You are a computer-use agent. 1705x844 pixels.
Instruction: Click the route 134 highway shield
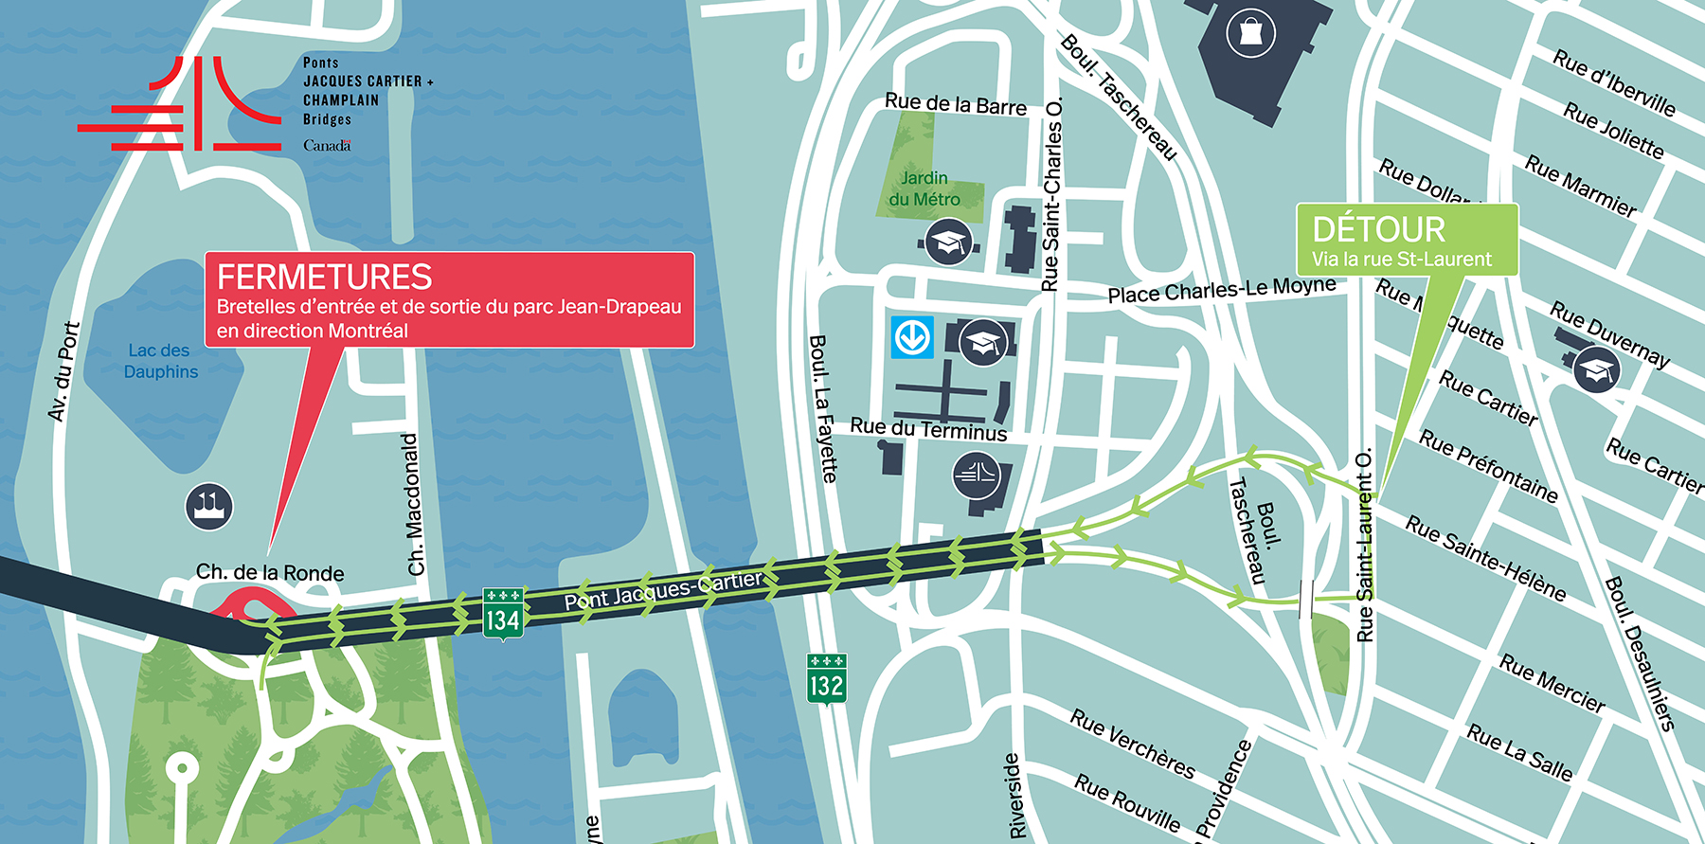pos(502,614)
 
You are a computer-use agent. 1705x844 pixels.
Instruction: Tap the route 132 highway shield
pos(826,678)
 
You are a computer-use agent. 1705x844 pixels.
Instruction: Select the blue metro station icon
pos(912,337)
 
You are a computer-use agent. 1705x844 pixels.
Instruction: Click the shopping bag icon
pos(1250,34)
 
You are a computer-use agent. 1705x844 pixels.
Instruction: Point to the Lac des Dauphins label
pos(160,361)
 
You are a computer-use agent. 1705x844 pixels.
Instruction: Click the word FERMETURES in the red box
pos(324,278)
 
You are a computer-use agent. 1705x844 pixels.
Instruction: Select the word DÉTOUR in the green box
pos(1378,230)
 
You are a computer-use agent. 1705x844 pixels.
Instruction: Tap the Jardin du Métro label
pos(924,189)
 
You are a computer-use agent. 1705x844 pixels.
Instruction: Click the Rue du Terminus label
pos(927,429)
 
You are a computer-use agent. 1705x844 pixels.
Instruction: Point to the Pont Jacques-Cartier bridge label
pos(663,590)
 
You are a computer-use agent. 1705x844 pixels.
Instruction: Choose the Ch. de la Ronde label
pos(270,572)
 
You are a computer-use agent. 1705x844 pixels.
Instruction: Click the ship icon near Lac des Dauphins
pos(208,506)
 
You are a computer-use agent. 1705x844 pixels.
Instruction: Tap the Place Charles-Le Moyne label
pos(1221,290)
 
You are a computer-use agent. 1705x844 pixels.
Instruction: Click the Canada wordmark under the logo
pos(327,146)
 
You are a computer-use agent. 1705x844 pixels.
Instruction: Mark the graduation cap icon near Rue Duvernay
pos(1596,370)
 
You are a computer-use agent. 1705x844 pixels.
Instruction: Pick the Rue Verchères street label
pos(1132,744)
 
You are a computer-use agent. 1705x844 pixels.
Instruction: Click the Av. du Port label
pos(63,371)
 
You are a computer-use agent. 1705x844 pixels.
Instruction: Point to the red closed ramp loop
pos(251,603)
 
